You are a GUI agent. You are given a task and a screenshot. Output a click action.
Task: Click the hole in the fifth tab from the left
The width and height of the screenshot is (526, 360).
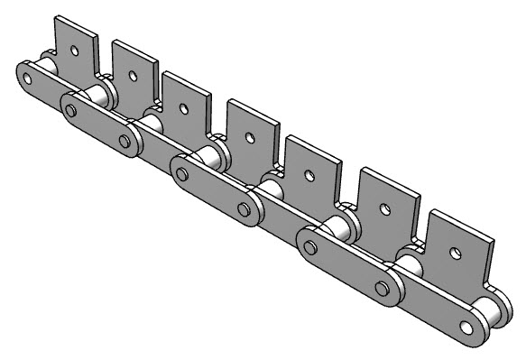click(x=312, y=175)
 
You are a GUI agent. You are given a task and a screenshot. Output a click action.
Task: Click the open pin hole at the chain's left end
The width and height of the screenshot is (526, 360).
click(x=27, y=78)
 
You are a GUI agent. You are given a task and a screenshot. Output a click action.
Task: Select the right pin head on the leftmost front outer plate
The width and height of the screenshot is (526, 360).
click(x=125, y=140)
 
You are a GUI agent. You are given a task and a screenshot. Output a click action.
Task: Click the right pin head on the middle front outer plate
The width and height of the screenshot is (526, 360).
click(x=243, y=208)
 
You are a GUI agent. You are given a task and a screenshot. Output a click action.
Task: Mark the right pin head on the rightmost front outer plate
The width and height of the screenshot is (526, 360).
click(x=384, y=290)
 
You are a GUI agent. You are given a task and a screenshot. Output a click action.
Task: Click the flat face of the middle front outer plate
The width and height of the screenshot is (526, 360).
click(x=214, y=190)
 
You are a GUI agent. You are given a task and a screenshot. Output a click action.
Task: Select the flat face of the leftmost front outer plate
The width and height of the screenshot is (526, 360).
click(x=97, y=125)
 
